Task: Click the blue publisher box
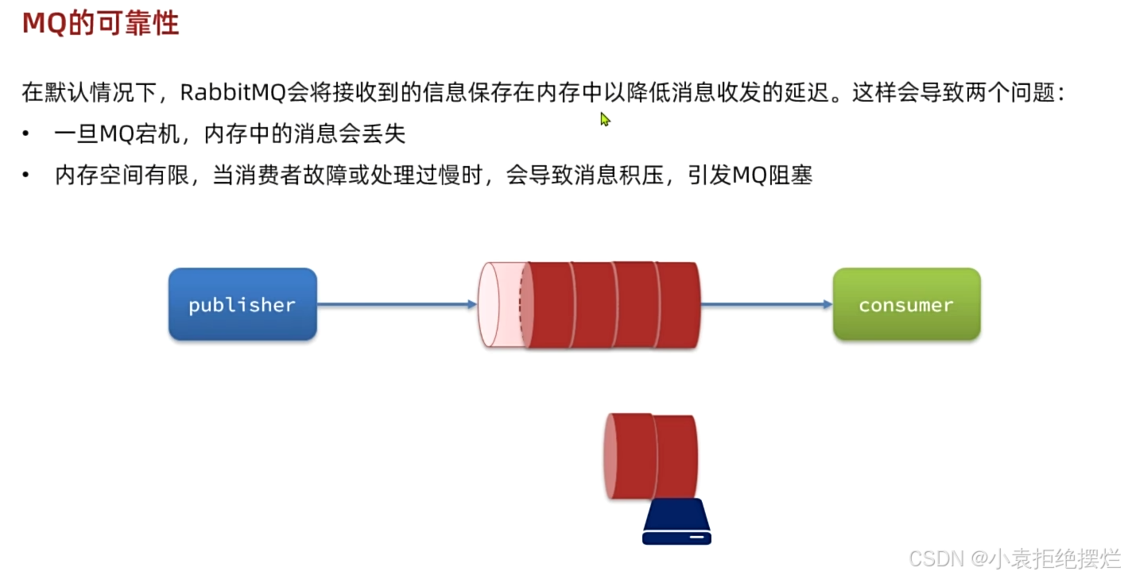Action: click(x=242, y=305)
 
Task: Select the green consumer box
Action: click(x=906, y=305)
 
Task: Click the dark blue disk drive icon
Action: click(x=676, y=523)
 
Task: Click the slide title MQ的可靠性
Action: click(x=100, y=24)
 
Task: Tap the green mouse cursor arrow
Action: click(x=605, y=119)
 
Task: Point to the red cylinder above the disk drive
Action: click(x=651, y=456)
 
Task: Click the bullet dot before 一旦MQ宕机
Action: click(x=27, y=134)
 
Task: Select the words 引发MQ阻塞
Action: click(x=750, y=176)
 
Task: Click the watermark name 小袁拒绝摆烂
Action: click(x=1054, y=558)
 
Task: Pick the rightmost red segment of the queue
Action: click(x=678, y=305)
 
